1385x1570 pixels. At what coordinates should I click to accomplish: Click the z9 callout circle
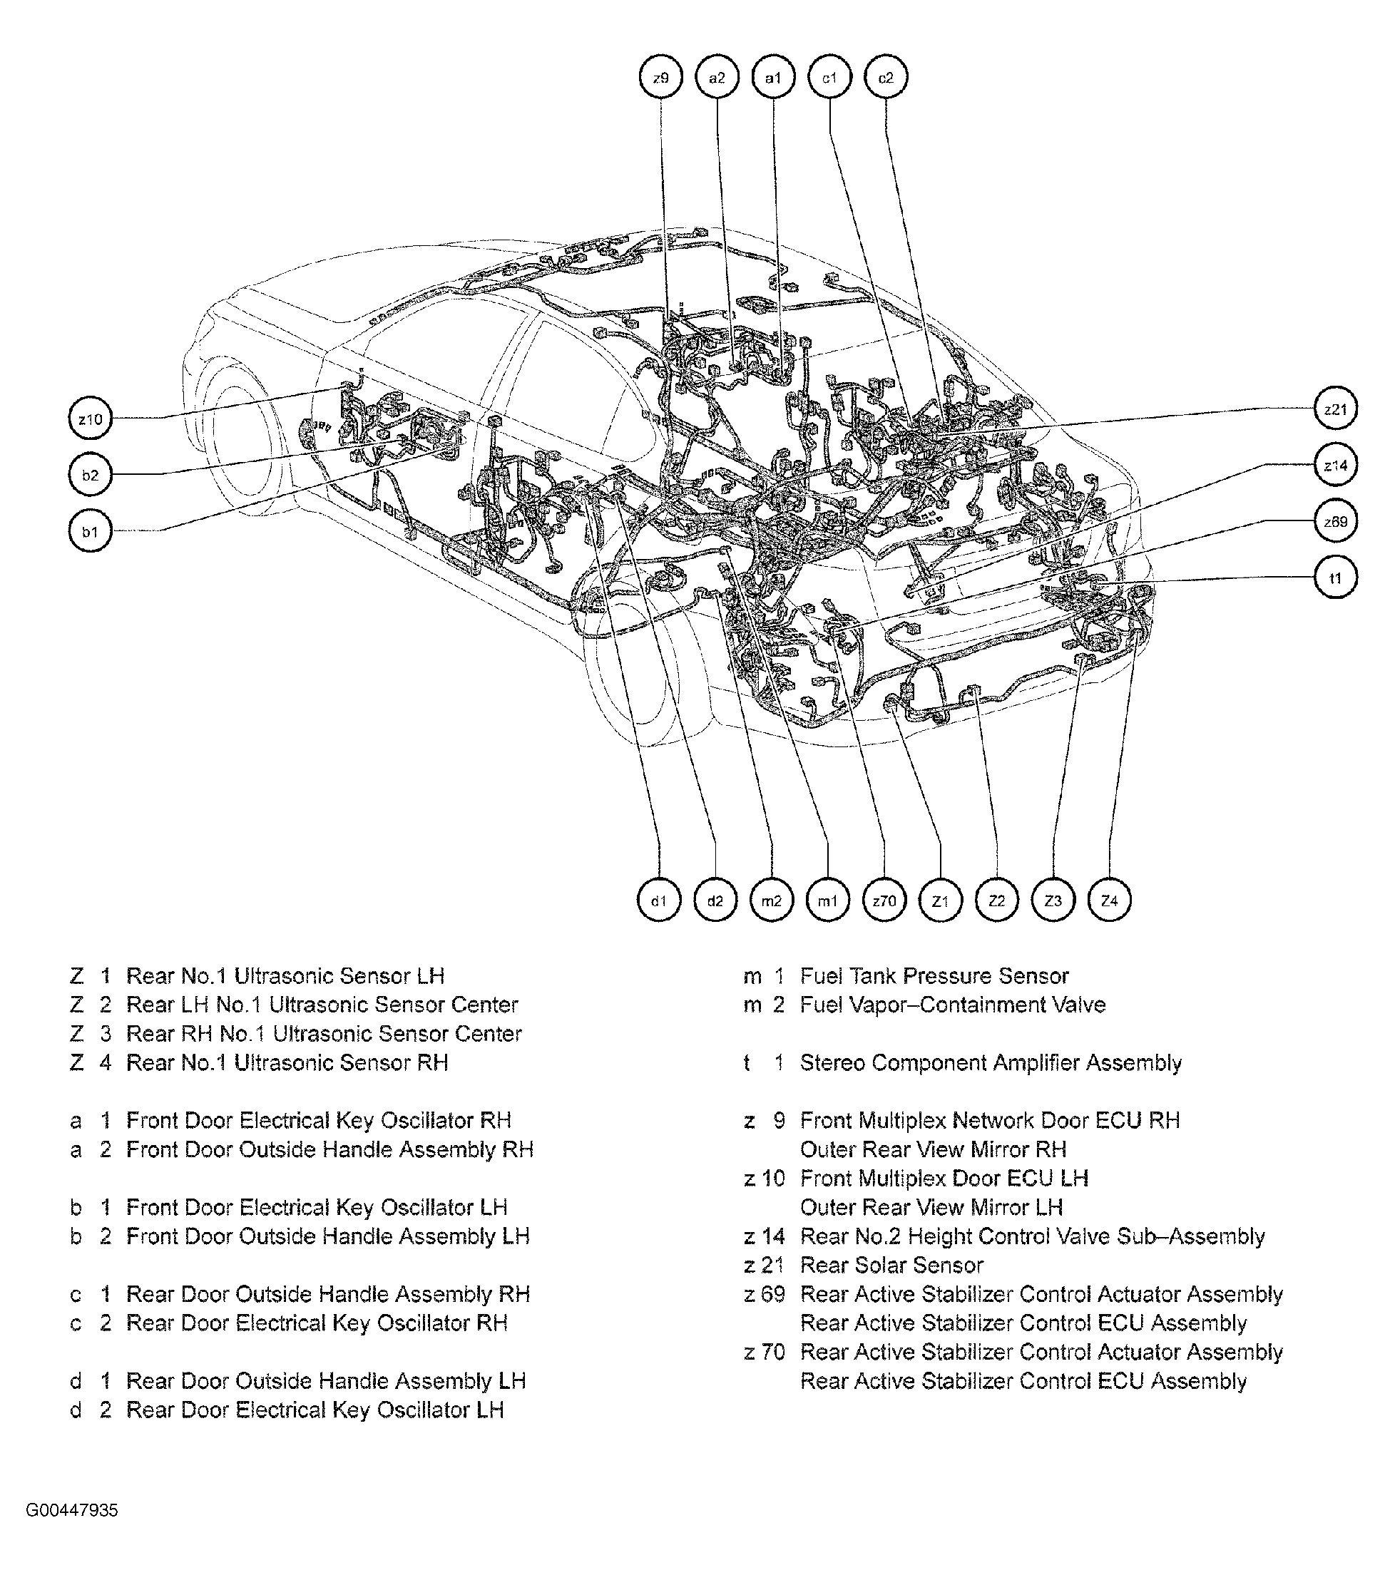[660, 78]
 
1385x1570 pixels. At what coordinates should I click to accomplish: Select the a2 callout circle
[717, 78]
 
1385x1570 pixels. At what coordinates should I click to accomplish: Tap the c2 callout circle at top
[886, 78]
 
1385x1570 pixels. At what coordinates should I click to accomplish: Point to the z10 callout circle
[91, 419]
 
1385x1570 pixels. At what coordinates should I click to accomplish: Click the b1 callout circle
[91, 531]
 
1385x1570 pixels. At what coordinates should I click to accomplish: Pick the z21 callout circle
[1335, 409]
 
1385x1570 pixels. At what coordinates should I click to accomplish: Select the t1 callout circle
[1335, 578]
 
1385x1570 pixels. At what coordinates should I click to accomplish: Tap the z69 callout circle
[1335, 521]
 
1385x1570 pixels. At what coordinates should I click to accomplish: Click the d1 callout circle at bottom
[659, 901]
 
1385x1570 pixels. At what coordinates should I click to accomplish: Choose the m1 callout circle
[827, 901]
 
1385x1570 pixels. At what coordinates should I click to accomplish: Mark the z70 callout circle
[884, 901]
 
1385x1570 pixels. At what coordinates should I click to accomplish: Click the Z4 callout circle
[1109, 901]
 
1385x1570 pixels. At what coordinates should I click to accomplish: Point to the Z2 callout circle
[996, 901]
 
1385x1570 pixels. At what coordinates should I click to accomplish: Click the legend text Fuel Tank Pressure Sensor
[934, 976]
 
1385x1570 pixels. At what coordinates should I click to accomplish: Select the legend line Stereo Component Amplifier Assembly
[990, 1063]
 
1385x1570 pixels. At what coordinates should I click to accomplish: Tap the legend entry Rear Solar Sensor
[891, 1265]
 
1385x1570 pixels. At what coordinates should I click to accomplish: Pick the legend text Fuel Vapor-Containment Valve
[952, 1005]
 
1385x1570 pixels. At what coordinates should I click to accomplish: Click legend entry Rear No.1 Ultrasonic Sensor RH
[287, 1063]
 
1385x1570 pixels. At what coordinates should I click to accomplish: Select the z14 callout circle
[1335, 466]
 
